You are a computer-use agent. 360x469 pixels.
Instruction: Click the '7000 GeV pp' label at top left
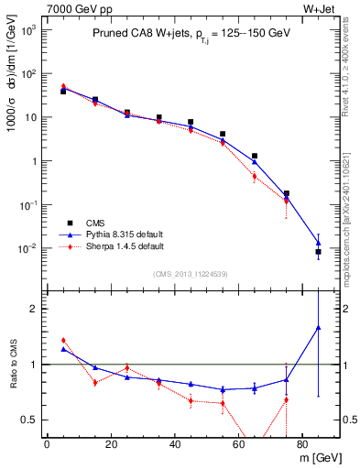tap(75, 8)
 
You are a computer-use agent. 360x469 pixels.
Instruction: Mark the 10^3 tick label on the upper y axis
tap(28, 30)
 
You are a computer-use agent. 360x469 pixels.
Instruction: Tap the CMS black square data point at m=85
tap(318, 251)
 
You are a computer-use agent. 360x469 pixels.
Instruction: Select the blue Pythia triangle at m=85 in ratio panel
tap(318, 327)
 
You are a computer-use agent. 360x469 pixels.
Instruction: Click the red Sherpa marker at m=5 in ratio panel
tap(63, 341)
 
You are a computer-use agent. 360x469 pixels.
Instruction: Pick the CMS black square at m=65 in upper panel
tap(254, 156)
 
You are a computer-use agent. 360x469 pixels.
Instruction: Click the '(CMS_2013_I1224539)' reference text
tap(191, 273)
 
